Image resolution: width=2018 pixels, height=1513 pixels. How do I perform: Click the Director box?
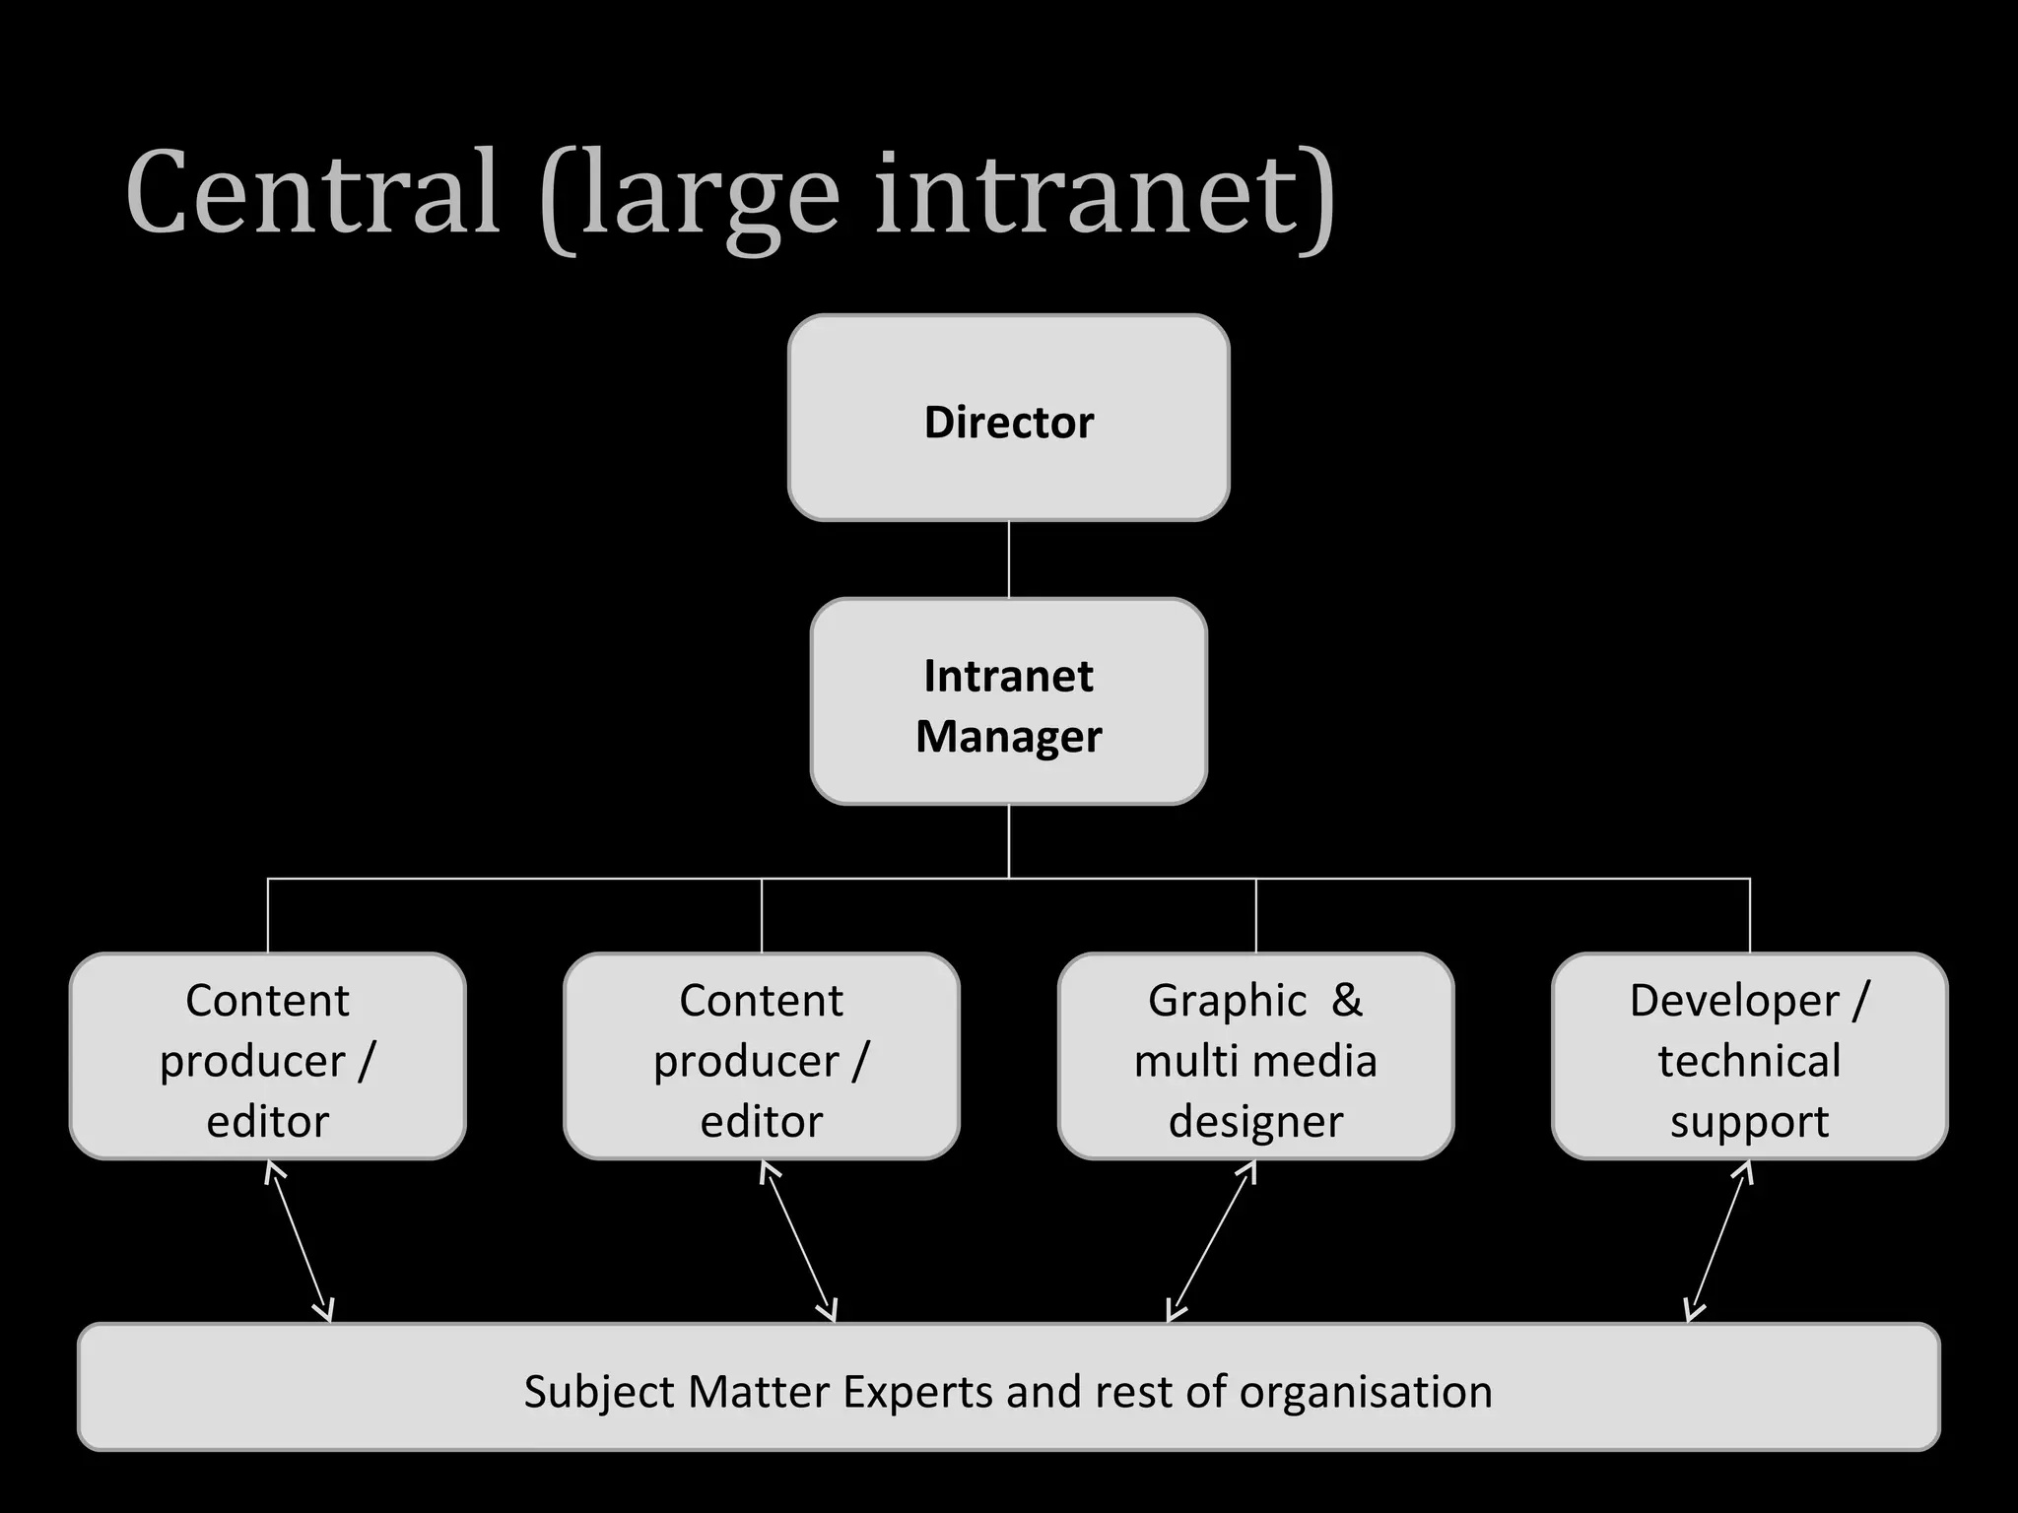click(1008, 419)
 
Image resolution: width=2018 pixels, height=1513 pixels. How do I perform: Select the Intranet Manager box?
click(1008, 701)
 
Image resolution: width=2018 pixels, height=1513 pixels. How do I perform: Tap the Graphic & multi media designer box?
click(1255, 1056)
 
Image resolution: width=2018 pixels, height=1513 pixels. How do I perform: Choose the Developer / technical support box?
click(1749, 1056)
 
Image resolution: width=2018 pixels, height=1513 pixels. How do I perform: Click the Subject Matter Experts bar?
click(1008, 1387)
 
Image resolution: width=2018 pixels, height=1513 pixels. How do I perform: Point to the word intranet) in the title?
click(1105, 194)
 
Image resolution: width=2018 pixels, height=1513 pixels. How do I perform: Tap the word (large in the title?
click(690, 197)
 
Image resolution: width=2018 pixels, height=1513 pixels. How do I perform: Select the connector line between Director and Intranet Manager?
click(1009, 559)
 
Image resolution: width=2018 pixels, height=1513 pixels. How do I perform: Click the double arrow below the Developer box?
click(1719, 1241)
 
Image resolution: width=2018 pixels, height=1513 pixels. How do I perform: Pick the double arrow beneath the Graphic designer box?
click(1211, 1241)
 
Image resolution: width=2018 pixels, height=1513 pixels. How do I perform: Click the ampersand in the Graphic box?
click(1346, 1001)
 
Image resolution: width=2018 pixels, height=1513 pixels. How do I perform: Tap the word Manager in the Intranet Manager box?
click(1008, 737)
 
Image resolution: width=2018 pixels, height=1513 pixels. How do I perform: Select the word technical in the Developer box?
click(1749, 1061)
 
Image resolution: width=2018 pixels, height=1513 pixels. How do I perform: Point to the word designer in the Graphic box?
click(1255, 1122)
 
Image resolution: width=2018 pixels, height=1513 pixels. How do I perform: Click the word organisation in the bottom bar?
click(1365, 1392)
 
